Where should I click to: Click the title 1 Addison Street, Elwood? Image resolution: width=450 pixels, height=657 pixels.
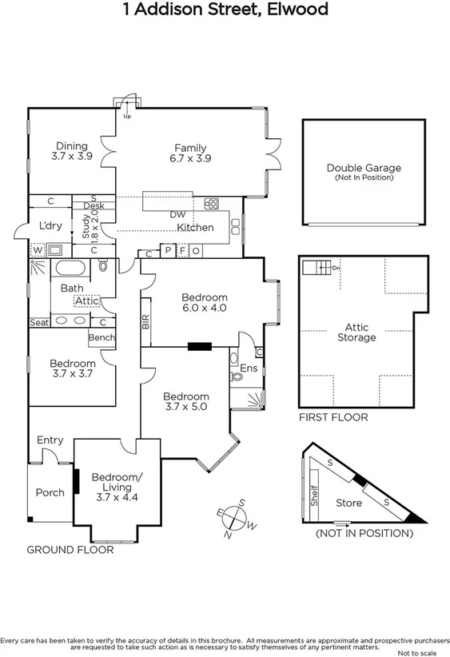click(225, 10)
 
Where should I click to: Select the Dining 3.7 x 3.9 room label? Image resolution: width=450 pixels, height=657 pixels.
click(71, 151)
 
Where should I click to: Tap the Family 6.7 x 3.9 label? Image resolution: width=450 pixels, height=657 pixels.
click(190, 153)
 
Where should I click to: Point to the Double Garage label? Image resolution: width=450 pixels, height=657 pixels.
click(364, 172)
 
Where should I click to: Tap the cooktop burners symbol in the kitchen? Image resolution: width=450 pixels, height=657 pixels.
click(212, 203)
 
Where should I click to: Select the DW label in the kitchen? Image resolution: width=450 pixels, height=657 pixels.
click(177, 214)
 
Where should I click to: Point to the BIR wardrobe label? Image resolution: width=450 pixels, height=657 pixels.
click(145, 321)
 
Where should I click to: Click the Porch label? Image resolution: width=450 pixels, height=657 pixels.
click(50, 492)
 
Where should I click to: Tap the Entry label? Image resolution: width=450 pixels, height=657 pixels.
click(50, 440)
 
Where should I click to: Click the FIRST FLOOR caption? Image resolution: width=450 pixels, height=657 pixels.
click(333, 417)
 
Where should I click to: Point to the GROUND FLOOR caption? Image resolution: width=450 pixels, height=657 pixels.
click(70, 549)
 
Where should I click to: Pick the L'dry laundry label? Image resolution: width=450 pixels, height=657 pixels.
click(50, 226)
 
